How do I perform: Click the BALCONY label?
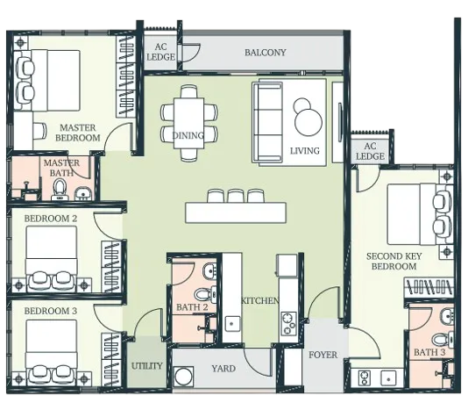[265, 53]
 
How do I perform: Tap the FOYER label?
[323, 355]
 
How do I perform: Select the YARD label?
[223, 369]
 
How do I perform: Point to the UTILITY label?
[147, 366]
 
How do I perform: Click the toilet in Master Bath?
[59, 190]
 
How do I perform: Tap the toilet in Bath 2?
[205, 294]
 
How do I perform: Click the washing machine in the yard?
[183, 377]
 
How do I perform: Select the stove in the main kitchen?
[288, 323]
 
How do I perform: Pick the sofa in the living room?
[267, 122]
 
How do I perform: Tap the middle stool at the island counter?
[236, 196]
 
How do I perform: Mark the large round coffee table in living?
[308, 123]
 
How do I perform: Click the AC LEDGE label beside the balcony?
[160, 52]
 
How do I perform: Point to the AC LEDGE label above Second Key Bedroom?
[370, 151]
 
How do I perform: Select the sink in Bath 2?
[210, 270]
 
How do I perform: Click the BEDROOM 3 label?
[51, 311]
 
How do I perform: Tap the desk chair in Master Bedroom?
[40, 131]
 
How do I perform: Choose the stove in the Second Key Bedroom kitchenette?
[365, 378]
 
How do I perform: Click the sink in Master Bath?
[82, 193]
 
